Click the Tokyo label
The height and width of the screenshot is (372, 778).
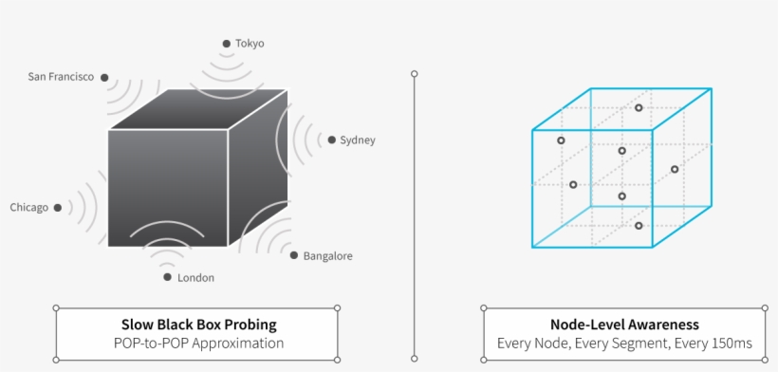point(250,44)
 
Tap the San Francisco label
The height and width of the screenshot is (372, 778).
point(61,77)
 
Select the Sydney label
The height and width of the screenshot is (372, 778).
point(358,140)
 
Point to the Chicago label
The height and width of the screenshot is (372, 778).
point(28,207)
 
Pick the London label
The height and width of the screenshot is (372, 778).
point(195,278)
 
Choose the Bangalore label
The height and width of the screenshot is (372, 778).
point(327,256)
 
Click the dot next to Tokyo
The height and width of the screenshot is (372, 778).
point(226,44)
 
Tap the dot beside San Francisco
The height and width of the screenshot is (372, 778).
point(104,78)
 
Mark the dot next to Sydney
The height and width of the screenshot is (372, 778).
point(331,140)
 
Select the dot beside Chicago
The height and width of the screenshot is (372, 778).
point(58,207)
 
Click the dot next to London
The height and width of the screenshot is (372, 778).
point(168,277)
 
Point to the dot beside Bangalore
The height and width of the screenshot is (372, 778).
point(294,255)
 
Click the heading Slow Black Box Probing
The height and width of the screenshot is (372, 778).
point(197,324)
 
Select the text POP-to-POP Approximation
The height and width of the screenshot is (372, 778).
point(197,344)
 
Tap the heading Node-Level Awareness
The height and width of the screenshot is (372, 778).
point(624,324)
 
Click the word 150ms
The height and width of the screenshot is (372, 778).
point(731,344)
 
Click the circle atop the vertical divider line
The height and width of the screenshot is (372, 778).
point(414,73)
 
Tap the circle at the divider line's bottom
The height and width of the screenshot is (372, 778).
point(414,359)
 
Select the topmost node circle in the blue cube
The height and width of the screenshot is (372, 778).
point(639,108)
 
